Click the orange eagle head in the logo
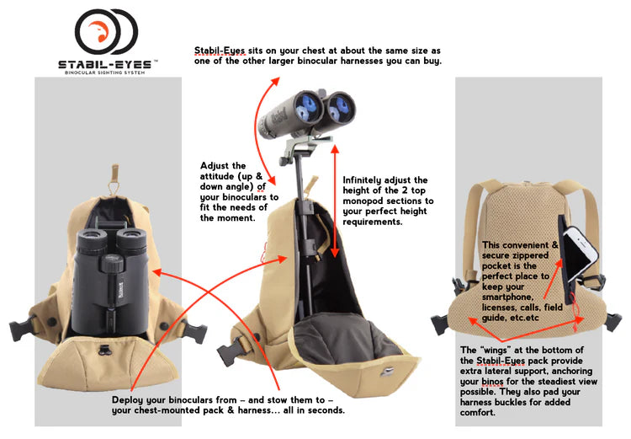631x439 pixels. [x=98, y=31]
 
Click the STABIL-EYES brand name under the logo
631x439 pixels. [x=105, y=65]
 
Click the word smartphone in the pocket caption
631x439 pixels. [x=507, y=297]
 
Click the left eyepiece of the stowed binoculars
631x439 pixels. [x=92, y=240]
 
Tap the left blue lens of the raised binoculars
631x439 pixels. [x=308, y=106]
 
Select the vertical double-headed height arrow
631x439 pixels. [x=334, y=201]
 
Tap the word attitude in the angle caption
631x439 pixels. [x=217, y=176]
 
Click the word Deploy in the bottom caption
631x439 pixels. [x=127, y=400]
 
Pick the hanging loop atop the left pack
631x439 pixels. [x=114, y=179]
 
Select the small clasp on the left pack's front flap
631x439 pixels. [x=105, y=349]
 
